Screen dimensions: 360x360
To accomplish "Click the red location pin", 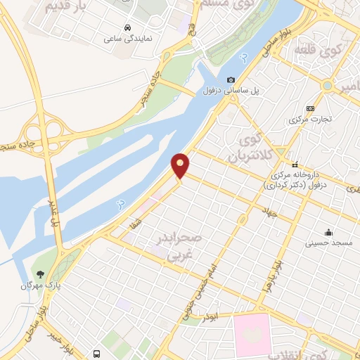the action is (x=181, y=165).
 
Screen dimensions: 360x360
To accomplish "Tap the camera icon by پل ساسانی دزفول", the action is (x=231, y=79).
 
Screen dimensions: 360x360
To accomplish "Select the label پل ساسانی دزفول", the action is (x=233, y=92).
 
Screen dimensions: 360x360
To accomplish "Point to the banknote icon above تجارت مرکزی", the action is (x=311, y=108).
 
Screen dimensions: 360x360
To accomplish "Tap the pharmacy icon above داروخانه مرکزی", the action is (x=296, y=163).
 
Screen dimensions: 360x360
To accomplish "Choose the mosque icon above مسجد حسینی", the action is (x=328, y=232).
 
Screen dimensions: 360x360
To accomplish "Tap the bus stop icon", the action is (x=97, y=353).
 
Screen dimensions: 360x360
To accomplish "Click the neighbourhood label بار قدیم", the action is (x=68, y=8).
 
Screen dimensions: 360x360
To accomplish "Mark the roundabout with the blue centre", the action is (x=327, y=85).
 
